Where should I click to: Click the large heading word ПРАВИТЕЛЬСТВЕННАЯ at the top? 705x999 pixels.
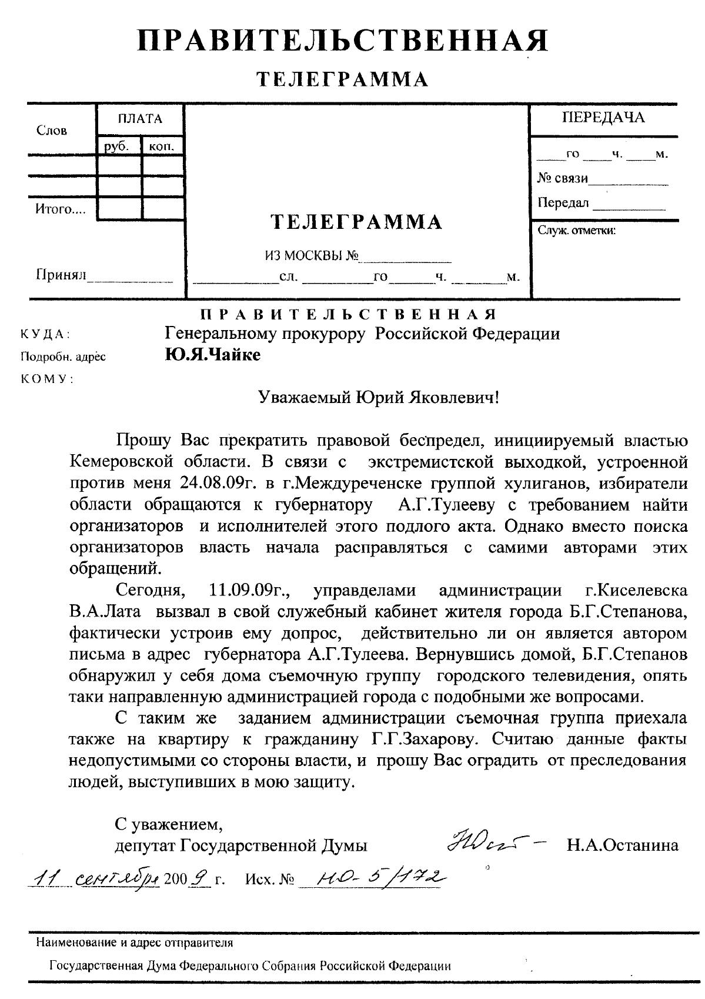343,41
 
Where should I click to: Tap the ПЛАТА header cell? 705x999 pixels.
140,119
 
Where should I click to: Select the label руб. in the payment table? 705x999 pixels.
116,146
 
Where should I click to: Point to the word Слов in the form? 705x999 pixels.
52,130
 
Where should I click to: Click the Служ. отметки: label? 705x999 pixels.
576,230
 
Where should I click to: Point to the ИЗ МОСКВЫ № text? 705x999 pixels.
311,256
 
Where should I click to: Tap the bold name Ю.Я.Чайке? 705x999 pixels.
212,355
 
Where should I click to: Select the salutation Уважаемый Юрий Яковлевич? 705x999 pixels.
379,398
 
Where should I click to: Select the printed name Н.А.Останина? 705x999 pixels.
623,846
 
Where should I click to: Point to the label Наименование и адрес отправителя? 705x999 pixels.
135,943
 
